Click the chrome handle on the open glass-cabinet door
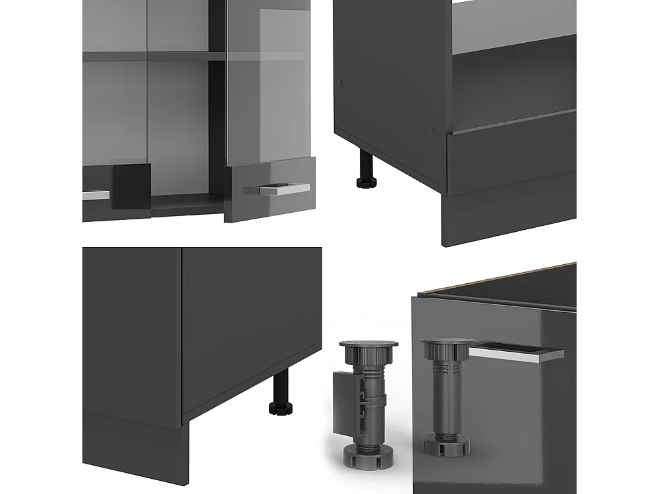tap(277, 189)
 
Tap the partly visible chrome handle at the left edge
tap(96, 195)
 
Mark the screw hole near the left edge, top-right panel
tap(340, 84)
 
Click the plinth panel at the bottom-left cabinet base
tap(132, 454)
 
